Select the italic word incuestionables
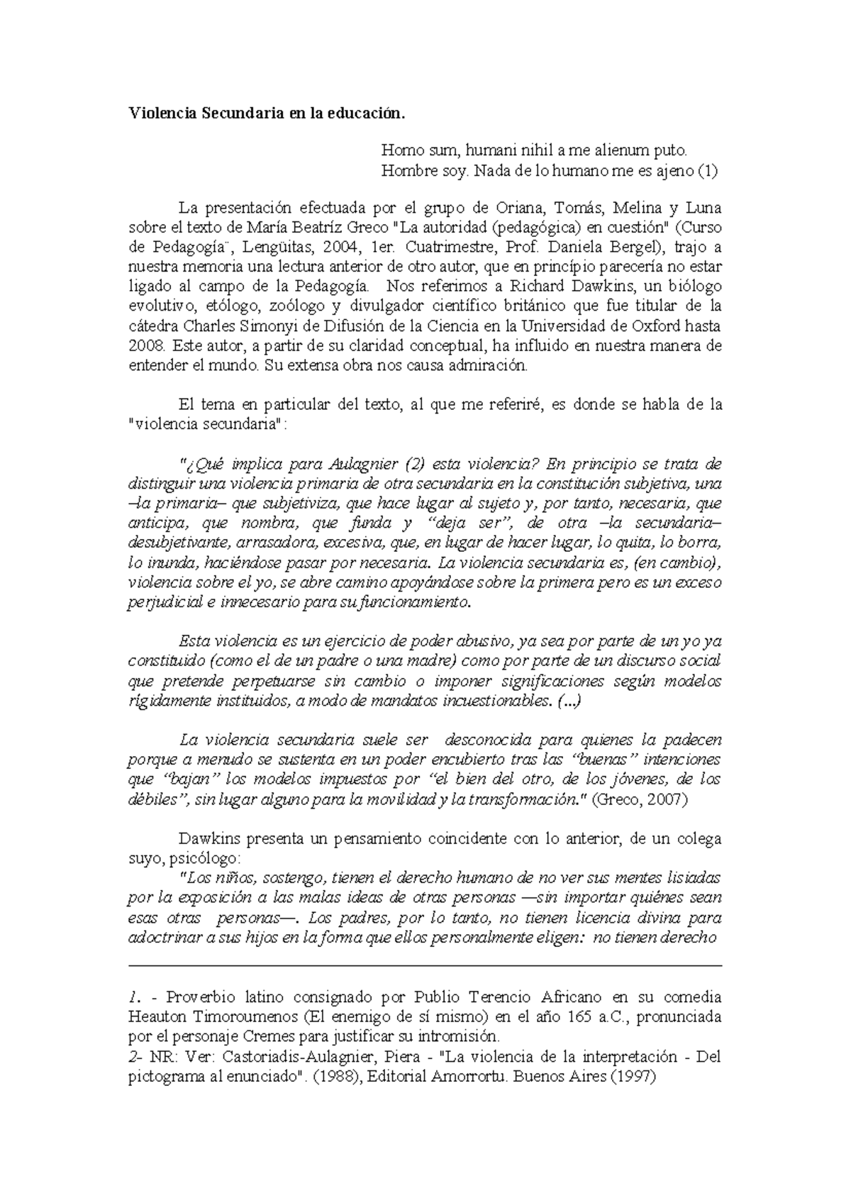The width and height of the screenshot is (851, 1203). point(495,702)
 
